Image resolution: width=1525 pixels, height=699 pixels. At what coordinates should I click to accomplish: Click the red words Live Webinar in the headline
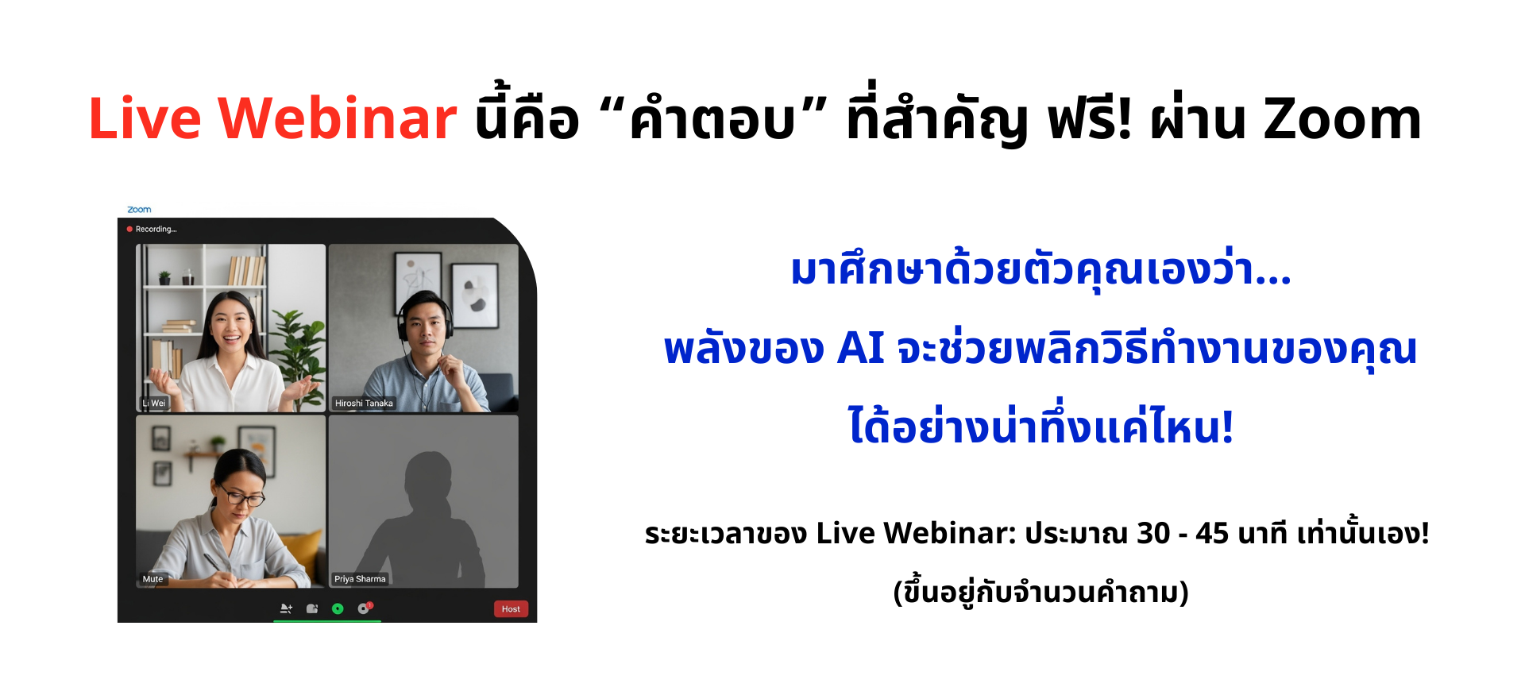[272, 118]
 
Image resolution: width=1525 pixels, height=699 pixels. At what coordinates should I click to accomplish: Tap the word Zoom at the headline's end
[1342, 119]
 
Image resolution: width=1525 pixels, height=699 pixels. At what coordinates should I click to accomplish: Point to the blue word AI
[861, 348]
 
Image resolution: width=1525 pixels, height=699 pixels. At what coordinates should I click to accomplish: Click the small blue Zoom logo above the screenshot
[139, 210]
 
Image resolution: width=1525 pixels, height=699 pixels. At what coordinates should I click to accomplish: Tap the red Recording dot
[129, 229]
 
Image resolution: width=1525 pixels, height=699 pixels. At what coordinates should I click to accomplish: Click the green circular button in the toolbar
[338, 608]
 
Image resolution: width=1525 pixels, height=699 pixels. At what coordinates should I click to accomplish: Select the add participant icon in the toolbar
[286, 608]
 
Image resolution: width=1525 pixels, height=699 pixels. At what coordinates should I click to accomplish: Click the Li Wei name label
[154, 403]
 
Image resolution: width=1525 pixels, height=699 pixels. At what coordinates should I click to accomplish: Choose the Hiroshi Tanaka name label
[364, 403]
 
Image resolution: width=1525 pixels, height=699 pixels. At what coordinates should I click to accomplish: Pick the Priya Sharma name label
[360, 579]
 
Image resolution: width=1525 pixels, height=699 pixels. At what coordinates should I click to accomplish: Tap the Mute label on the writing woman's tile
[152, 579]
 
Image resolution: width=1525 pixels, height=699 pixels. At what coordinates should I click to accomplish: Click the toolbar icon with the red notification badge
[365, 608]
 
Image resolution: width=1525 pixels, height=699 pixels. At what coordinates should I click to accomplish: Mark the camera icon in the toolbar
[312, 608]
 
